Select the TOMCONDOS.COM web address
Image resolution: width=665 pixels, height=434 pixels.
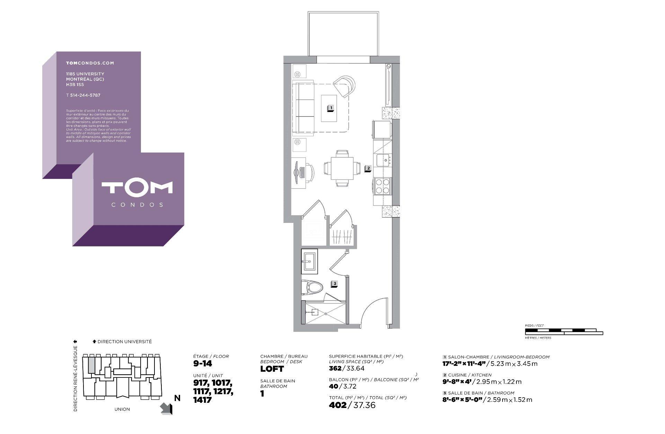90,63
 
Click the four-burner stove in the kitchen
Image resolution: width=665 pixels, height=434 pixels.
382,185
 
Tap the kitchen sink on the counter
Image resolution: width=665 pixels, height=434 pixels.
383,160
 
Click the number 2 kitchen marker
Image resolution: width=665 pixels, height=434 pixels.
368,168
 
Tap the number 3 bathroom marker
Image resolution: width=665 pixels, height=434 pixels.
334,284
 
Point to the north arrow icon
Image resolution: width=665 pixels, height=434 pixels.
167,408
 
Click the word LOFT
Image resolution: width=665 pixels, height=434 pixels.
272,369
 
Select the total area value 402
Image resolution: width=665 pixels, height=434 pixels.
337,405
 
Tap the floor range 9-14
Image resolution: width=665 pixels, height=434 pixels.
203,364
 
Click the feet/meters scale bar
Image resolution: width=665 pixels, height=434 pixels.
564,332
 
